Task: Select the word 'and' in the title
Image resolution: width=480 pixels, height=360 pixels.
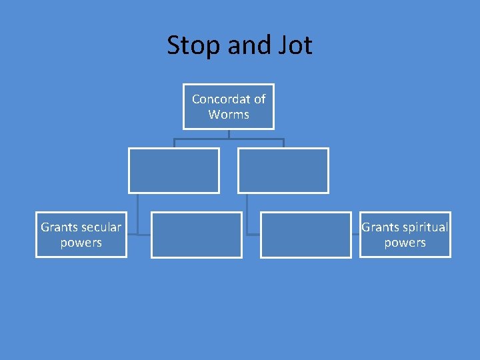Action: click(245, 46)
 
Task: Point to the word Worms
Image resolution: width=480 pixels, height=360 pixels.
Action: click(229, 115)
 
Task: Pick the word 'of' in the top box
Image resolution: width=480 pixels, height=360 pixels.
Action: click(259, 99)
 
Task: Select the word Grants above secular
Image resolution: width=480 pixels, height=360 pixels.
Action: click(58, 227)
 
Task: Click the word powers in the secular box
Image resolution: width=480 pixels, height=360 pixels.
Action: click(81, 243)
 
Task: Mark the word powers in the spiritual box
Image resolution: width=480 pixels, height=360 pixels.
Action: click(405, 243)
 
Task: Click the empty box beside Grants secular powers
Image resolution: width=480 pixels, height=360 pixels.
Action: click(197, 235)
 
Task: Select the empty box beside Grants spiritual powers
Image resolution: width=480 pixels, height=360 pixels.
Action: click(305, 235)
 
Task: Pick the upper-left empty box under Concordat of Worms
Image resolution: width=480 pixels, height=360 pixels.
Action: click(174, 171)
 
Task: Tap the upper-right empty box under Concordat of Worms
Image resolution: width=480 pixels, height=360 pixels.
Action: click(283, 171)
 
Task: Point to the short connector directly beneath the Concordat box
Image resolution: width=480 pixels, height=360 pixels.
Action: click(229, 134)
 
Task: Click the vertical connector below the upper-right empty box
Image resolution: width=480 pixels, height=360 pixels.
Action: click(247, 213)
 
